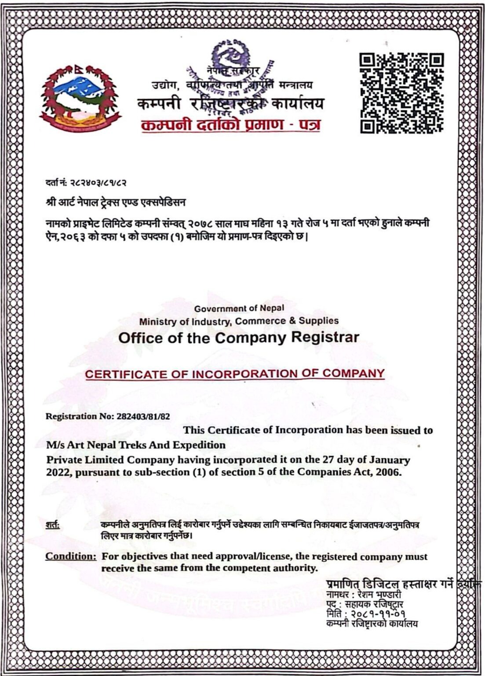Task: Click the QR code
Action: point(401,93)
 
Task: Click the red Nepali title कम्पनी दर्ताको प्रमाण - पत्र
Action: point(230,125)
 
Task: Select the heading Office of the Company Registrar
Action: point(239,338)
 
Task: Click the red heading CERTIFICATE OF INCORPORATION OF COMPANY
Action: point(235,374)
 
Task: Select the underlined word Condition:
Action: point(71,556)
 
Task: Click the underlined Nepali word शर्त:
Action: point(53,525)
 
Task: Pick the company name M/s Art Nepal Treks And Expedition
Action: point(136,445)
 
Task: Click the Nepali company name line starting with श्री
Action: point(116,202)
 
